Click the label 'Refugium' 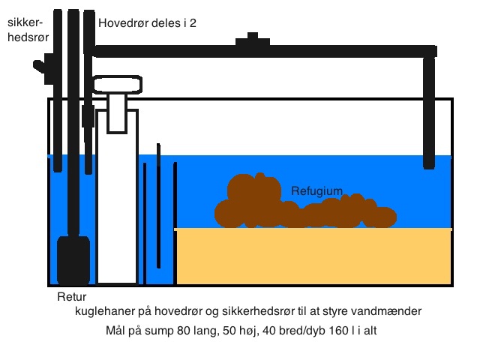click(x=316, y=191)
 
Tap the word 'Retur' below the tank click(x=72, y=297)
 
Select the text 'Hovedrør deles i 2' click(x=147, y=22)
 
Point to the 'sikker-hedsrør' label click(x=25, y=29)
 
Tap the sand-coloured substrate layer click(x=313, y=256)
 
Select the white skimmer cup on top click(x=116, y=84)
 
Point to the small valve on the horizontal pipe click(x=253, y=40)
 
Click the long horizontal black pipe click(x=262, y=51)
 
